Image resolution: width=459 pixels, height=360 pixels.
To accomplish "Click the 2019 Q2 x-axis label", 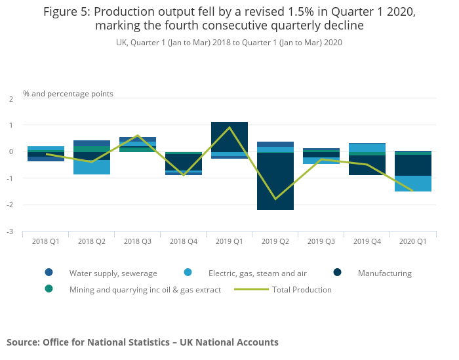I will (275, 241).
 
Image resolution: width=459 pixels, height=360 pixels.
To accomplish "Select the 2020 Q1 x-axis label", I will (413, 241).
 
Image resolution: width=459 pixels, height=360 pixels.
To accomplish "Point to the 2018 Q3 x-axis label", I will (138, 241).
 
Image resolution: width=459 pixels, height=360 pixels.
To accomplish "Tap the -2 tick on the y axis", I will (10, 205).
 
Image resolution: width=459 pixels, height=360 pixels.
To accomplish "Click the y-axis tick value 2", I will (10, 98).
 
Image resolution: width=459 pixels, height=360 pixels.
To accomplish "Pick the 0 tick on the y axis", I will (10, 151).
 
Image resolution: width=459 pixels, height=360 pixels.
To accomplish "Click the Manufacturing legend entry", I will (384, 273).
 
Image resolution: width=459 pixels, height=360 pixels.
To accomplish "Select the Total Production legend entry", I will (302, 289).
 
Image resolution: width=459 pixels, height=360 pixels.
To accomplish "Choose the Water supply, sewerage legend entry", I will (113, 273).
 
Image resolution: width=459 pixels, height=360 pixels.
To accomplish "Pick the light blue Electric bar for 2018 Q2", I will (92, 167).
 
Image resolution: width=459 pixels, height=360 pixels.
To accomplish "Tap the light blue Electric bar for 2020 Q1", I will (413, 184).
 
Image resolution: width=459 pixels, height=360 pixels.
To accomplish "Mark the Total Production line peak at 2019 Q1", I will (229, 127).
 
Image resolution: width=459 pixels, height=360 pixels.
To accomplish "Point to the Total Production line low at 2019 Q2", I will (275, 199).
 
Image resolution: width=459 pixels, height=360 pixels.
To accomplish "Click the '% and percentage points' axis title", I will (68, 94).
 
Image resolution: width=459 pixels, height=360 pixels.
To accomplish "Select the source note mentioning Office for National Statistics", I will (142, 342).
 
